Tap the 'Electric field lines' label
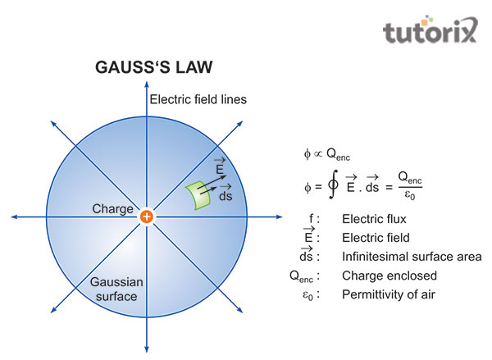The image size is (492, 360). (198, 100)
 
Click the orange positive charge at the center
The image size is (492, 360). (146, 216)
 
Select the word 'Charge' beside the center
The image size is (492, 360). (112, 209)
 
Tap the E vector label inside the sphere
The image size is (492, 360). (219, 166)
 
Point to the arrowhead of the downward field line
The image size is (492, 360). (146, 344)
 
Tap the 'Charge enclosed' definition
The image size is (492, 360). (388, 276)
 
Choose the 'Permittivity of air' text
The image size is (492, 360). (392, 294)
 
